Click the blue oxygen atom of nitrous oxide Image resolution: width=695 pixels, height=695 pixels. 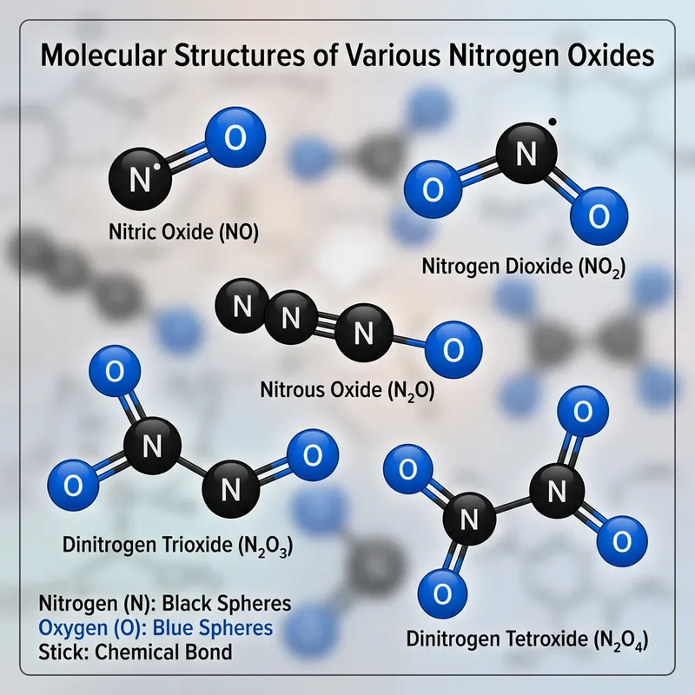tap(450, 349)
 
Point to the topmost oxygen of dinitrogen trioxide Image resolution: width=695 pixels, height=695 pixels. tap(113, 369)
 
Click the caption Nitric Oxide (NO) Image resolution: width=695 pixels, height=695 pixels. tap(183, 233)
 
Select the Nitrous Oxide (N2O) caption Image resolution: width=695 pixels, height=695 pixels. tap(347, 390)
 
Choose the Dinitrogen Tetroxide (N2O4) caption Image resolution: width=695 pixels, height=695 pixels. tap(528, 643)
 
